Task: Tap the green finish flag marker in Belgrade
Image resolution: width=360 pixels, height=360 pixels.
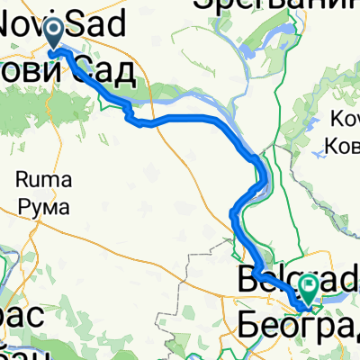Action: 309,288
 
